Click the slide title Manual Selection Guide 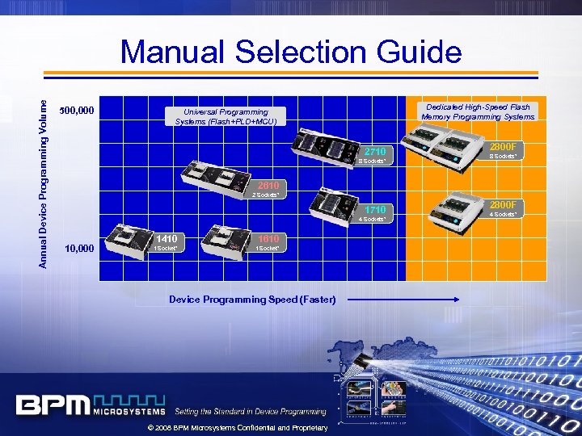291,53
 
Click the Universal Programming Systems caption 226,116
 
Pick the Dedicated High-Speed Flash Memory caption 477,111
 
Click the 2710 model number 376,152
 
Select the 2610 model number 268,185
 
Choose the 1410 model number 167,239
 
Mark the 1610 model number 269,239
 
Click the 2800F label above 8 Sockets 507,146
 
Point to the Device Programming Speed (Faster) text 252,300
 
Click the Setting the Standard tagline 251,412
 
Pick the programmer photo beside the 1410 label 130,238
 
